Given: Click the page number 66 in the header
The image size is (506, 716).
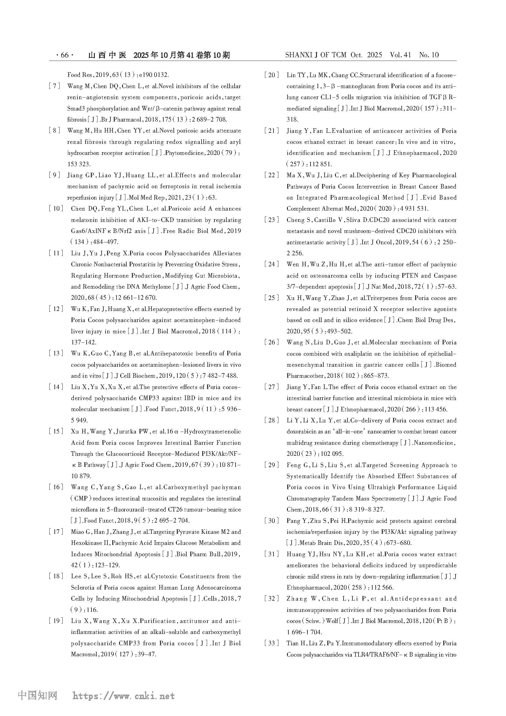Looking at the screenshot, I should coord(65,55).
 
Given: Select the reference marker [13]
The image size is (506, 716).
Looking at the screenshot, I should coord(56,353).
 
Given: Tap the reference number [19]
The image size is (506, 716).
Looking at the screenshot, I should coord(56,620).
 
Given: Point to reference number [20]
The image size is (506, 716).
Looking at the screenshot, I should coord(272,75).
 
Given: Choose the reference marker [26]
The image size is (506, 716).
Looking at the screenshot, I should coord(272,343).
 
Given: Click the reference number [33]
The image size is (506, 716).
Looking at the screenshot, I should coord(272,643).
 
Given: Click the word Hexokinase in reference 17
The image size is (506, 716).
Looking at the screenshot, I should coord(86,543).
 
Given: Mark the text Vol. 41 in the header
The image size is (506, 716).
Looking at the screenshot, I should coord(400,55).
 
